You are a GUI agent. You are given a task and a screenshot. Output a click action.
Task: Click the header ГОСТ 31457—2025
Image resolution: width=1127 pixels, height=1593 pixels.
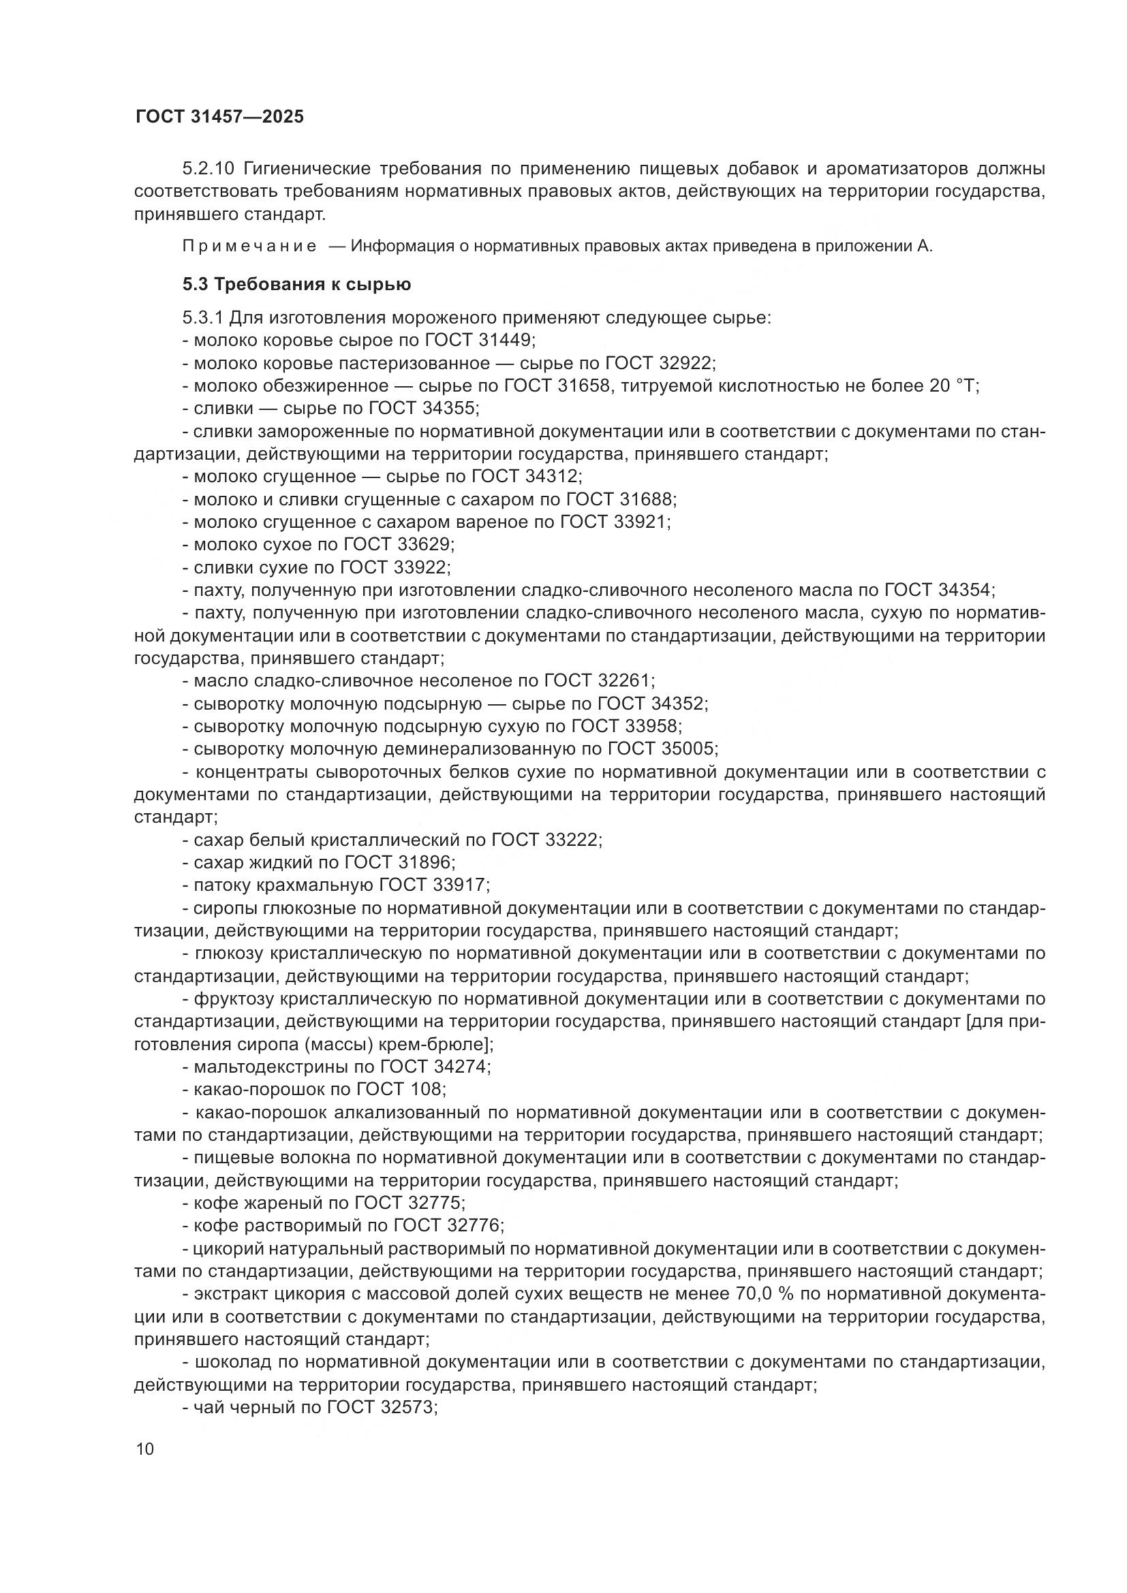tap(219, 116)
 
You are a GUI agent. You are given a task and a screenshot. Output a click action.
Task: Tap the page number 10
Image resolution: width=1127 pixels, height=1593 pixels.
tap(145, 1449)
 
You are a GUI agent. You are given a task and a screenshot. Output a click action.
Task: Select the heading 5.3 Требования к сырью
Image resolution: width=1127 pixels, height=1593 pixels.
tap(296, 285)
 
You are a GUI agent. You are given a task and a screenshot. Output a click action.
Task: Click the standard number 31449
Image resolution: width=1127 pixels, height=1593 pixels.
tap(505, 341)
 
